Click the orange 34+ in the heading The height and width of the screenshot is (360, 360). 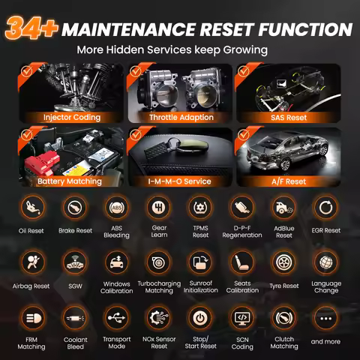(31, 28)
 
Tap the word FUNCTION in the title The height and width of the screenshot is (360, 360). (305, 29)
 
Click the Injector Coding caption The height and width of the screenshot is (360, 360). (72, 117)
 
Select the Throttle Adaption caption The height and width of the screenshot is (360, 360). (181, 117)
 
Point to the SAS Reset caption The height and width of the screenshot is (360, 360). (289, 118)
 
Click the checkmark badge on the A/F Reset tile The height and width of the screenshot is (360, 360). (243, 135)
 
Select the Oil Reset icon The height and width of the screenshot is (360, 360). (32, 207)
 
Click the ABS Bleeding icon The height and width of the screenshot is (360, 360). (117, 207)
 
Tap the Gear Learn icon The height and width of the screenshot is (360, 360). (159, 207)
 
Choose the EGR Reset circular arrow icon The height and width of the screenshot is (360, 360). (325, 207)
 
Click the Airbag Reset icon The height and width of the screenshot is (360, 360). (32, 262)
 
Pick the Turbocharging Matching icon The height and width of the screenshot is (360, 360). (159, 262)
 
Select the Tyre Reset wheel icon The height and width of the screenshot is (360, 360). (284, 262)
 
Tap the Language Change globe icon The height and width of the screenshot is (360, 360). (325, 262)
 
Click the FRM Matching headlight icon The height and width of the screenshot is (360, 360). (32, 318)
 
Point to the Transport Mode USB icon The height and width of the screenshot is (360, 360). (117, 318)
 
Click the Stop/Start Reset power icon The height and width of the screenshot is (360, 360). (200, 318)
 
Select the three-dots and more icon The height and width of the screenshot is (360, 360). (325, 318)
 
